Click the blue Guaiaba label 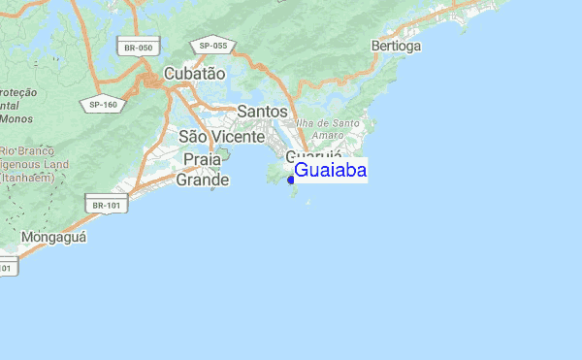[330, 171]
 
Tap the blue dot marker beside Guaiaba [290, 180]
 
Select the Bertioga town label [396, 46]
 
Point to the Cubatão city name [194, 74]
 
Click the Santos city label [262, 112]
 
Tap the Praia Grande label [203, 169]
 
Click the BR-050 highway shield [138, 48]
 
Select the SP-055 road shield [212, 46]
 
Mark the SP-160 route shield [102, 105]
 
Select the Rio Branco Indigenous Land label [32, 164]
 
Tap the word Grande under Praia [203, 180]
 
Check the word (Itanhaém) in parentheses [28, 178]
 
